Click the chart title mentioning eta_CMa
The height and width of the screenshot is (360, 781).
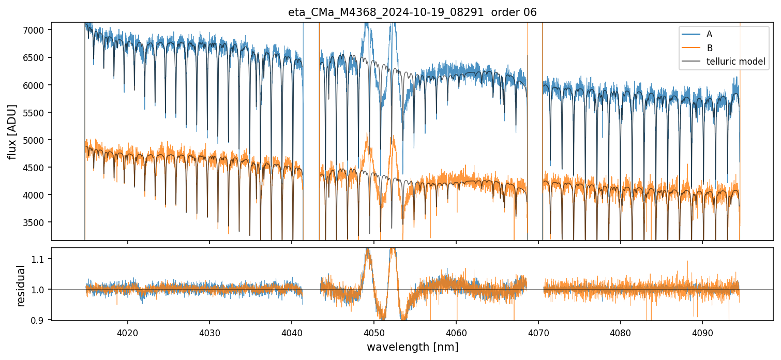[x=412, y=12]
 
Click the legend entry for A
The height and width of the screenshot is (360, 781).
[x=709, y=34]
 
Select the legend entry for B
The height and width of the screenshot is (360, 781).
[x=709, y=48]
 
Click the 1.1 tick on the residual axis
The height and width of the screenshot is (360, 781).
[x=41, y=259]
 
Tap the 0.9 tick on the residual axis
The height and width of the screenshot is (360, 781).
[x=41, y=321]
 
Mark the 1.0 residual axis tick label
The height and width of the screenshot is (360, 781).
[x=41, y=290]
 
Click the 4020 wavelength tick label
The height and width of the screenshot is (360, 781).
[x=127, y=331]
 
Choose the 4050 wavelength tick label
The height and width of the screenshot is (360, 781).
[x=374, y=331]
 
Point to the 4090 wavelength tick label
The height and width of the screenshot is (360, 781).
[x=702, y=331]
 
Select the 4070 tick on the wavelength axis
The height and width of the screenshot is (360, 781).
[x=538, y=331]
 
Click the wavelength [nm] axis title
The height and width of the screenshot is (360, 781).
[x=412, y=347]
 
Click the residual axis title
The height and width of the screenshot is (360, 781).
[x=21, y=286]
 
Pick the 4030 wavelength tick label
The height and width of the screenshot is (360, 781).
[x=209, y=331]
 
